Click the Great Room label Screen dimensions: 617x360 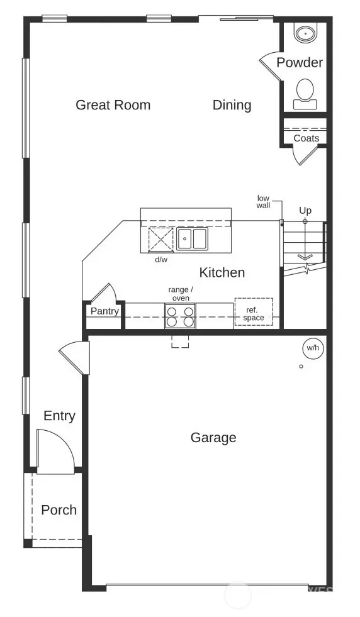(113, 105)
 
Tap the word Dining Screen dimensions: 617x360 (232, 105)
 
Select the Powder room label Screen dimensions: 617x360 (300, 62)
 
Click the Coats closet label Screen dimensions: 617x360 (306, 138)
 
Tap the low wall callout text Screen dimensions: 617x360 (263, 202)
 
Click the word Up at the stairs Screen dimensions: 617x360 (305, 211)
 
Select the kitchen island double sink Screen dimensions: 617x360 (192, 239)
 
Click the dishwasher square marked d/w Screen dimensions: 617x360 (160, 240)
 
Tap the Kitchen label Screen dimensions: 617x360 (222, 272)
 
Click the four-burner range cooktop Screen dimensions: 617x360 (180, 316)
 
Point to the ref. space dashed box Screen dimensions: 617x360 (254, 313)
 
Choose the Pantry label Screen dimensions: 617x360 (104, 311)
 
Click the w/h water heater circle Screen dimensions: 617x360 (312, 348)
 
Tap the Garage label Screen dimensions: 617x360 (213, 437)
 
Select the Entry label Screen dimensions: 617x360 (59, 416)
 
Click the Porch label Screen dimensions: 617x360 (59, 509)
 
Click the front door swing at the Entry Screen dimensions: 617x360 (53, 450)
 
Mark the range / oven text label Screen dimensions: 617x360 (180, 293)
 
